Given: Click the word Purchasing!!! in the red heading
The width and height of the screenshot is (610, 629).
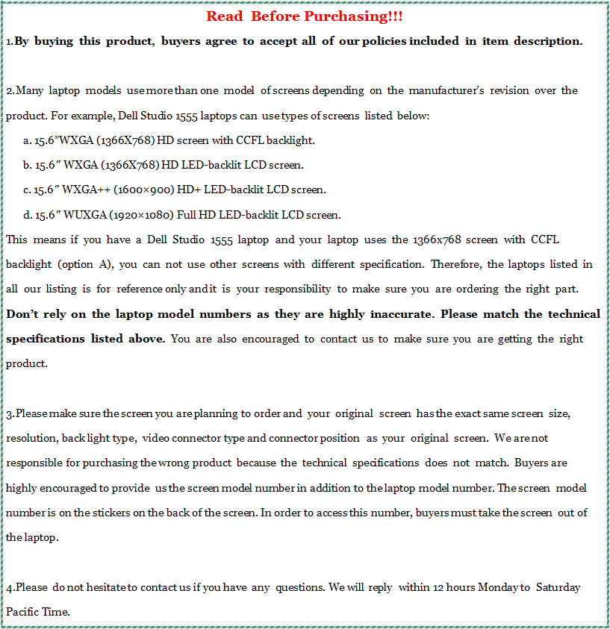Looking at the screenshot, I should [x=354, y=16].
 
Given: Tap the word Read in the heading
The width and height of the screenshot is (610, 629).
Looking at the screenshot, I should [x=224, y=16].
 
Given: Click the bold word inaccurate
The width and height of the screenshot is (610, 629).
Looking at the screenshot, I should [x=400, y=314].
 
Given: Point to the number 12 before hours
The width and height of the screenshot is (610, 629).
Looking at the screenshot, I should [x=439, y=587].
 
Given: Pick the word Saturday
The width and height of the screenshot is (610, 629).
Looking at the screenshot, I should [x=558, y=587].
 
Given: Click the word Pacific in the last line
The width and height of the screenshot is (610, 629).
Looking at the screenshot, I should [x=23, y=612].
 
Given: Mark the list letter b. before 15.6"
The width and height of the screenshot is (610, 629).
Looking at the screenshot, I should [x=27, y=165].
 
